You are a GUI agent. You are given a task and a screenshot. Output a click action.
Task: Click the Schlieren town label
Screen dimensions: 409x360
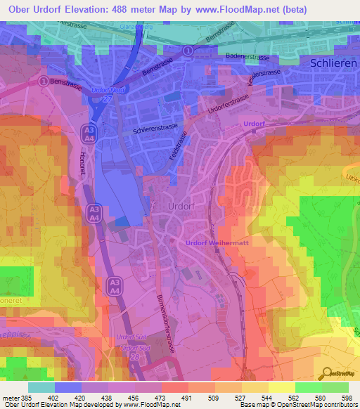coord(334,63)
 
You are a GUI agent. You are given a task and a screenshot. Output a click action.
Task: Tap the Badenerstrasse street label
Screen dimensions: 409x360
coord(248,56)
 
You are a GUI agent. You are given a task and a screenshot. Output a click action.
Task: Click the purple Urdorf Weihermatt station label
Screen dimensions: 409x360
coord(217,242)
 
